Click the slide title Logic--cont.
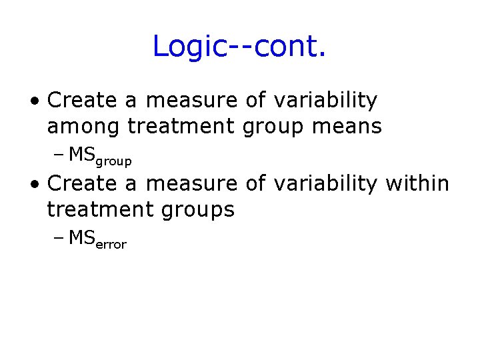coord(239,47)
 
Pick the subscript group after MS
coord(114,161)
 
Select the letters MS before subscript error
coord(82,237)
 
